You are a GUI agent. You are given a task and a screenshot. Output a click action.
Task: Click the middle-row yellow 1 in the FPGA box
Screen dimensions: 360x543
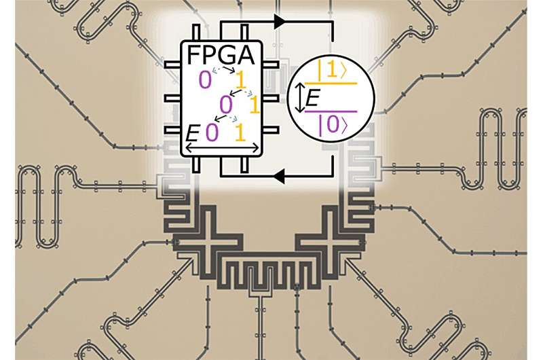[x=255, y=105]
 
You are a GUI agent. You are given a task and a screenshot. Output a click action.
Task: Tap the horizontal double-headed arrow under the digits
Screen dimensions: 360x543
[x=222, y=147]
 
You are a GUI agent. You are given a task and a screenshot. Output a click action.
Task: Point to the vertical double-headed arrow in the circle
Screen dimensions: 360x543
[x=298, y=100]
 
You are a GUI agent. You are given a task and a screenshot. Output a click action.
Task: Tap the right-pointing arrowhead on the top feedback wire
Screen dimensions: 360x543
[x=278, y=22]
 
